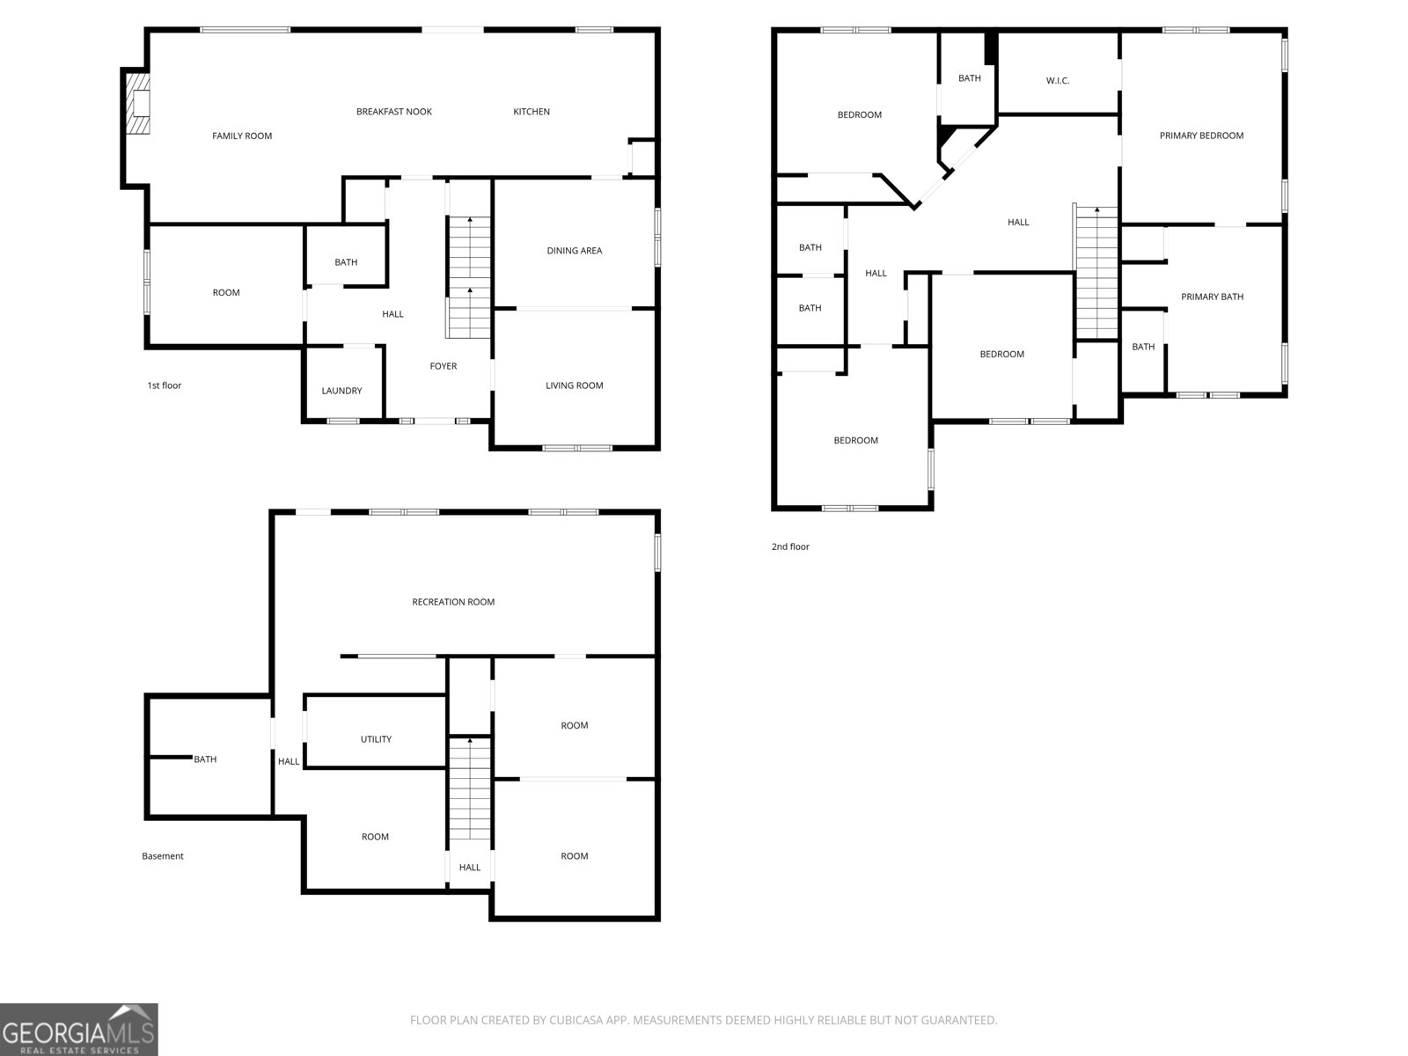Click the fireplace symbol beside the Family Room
pyautogui.click(x=137, y=103)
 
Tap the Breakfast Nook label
pyautogui.click(x=393, y=112)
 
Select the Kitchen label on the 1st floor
pyautogui.click(x=532, y=112)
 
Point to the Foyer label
pyautogui.click(x=443, y=366)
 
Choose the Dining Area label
pyautogui.click(x=574, y=251)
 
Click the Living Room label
pyautogui.click(x=574, y=385)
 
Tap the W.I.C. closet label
pyautogui.click(x=1057, y=81)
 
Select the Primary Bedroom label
pyautogui.click(x=1201, y=136)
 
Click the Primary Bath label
pyautogui.click(x=1212, y=297)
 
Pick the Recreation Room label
pyautogui.click(x=453, y=602)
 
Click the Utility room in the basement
pyautogui.click(x=376, y=739)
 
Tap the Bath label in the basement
pyautogui.click(x=205, y=759)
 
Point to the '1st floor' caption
pyautogui.click(x=164, y=385)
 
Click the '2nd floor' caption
pyautogui.click(x=789, y=546)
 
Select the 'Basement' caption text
pyautogui.click(x=163, y=856)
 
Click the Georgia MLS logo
pyautogui.click(x=78, y=1030)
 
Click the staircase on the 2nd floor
pyautogui.click(x=1096, y=273)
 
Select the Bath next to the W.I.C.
pyautogui.click(x=969, y=78)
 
